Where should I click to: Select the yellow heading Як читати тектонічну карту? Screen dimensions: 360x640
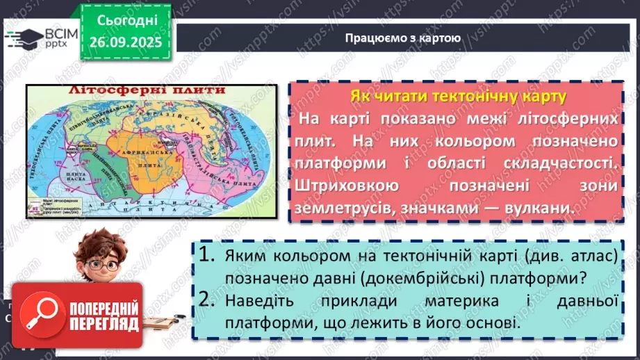coord(457,95)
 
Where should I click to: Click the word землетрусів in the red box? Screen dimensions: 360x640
coord(347,208)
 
